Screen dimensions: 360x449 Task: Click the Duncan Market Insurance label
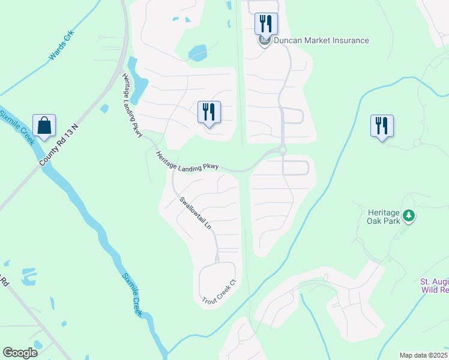click(321, 41)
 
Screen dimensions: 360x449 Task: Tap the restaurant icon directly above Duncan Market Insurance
click(266, 24)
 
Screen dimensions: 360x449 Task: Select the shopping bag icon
click(44, 126)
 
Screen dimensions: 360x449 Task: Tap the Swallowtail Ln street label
click(196, 214)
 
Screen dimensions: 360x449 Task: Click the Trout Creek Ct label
click(217, 292)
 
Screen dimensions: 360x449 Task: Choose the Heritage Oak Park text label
click(383, 215)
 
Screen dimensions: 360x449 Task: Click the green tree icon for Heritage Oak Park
click(409, 215)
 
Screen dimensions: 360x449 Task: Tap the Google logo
click(20, 353)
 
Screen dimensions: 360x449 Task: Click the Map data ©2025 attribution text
click(424, 355)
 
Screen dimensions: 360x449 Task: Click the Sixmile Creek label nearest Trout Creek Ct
click(132, 295)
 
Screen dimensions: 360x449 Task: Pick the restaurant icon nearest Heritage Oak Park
click(382, 126)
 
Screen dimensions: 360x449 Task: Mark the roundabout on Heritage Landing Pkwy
click(282, 150)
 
